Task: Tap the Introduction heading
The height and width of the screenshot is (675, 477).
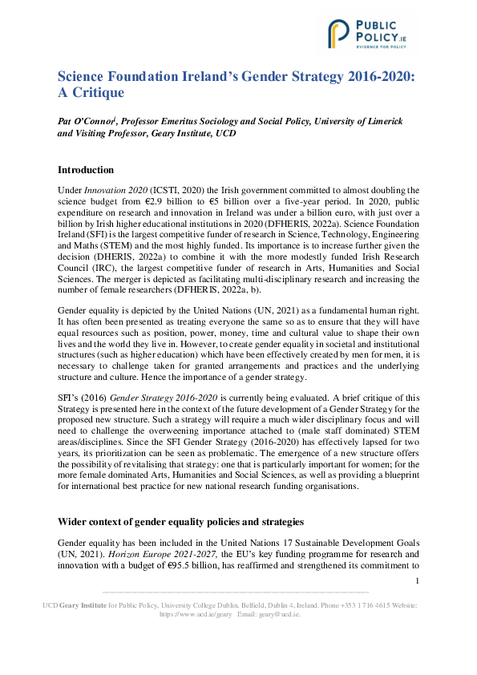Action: point(86,170)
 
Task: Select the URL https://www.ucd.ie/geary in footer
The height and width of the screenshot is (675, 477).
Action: point(196,613)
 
